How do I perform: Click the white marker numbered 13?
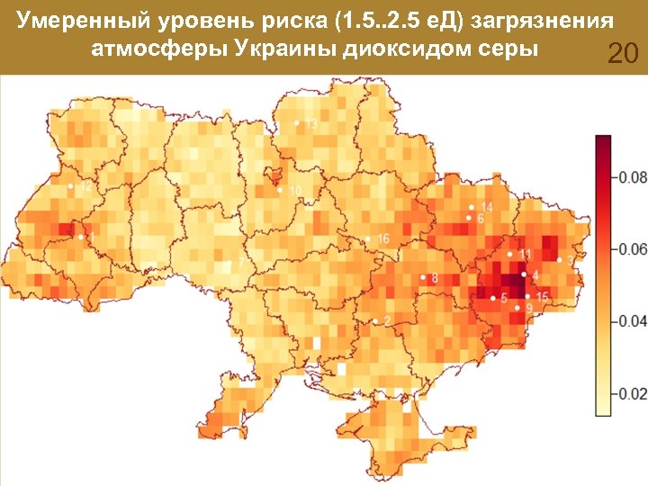[x=296, y=123]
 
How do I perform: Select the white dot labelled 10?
[x=280, y=190]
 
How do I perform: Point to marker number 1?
[x=81, y=237]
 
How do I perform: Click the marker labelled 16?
[x=367, y=238]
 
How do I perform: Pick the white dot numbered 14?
[x=471, y=208]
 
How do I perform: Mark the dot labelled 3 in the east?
[x=559, y=260]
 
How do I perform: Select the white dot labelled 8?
[x=423, y=277]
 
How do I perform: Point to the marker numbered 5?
[x=492, y=297]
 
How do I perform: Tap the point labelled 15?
[x=527, y=296]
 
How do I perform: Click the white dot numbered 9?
[x=517, y=309]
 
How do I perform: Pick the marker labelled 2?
[x=374, y=321]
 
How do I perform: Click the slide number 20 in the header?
[x=623, y=55]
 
